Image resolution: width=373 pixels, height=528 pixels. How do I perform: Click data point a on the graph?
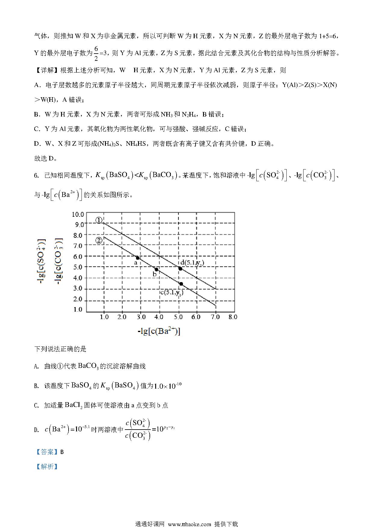click(x=137, y=258)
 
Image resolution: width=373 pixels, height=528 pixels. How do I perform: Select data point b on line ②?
click(x=156, y=269)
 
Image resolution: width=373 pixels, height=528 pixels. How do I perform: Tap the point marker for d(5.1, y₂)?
click(x=180, y=269)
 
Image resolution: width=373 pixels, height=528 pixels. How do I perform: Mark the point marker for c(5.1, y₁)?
click(x=181, y=284)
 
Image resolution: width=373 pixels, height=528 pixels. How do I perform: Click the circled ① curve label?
click(x=99, y=221)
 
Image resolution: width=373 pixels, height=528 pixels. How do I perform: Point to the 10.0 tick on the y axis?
click(x=78, y=214)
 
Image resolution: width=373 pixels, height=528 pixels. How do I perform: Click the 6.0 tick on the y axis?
click(x=78, y=256)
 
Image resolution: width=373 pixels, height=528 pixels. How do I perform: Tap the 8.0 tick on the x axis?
click(x=233, y=317)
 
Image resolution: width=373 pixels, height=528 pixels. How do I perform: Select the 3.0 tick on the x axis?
click(x=140, y=317)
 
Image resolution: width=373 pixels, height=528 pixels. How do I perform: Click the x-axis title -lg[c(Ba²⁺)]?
click(x=159, y=331)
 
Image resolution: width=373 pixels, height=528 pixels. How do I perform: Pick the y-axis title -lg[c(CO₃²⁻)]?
click(x=59, y=262)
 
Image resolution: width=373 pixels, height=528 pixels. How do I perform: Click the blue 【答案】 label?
click(x=47, y=452)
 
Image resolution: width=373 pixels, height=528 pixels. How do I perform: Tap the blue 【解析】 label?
click(x=47, y=467)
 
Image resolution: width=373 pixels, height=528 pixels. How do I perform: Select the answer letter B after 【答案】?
click(x=62, y=452)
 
